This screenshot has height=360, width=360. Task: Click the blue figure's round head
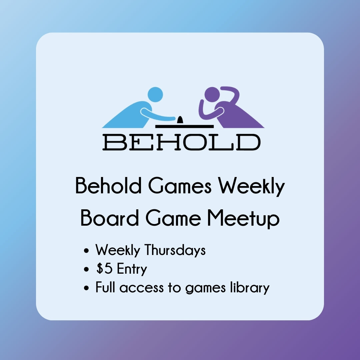[155, 94]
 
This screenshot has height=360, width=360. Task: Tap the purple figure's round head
[212, 94]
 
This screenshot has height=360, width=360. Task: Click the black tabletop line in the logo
[184, 126]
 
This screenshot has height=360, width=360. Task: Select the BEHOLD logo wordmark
[181, 142]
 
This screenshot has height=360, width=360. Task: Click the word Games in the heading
[180, 187]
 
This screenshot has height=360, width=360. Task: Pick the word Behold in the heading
[108, 187]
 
